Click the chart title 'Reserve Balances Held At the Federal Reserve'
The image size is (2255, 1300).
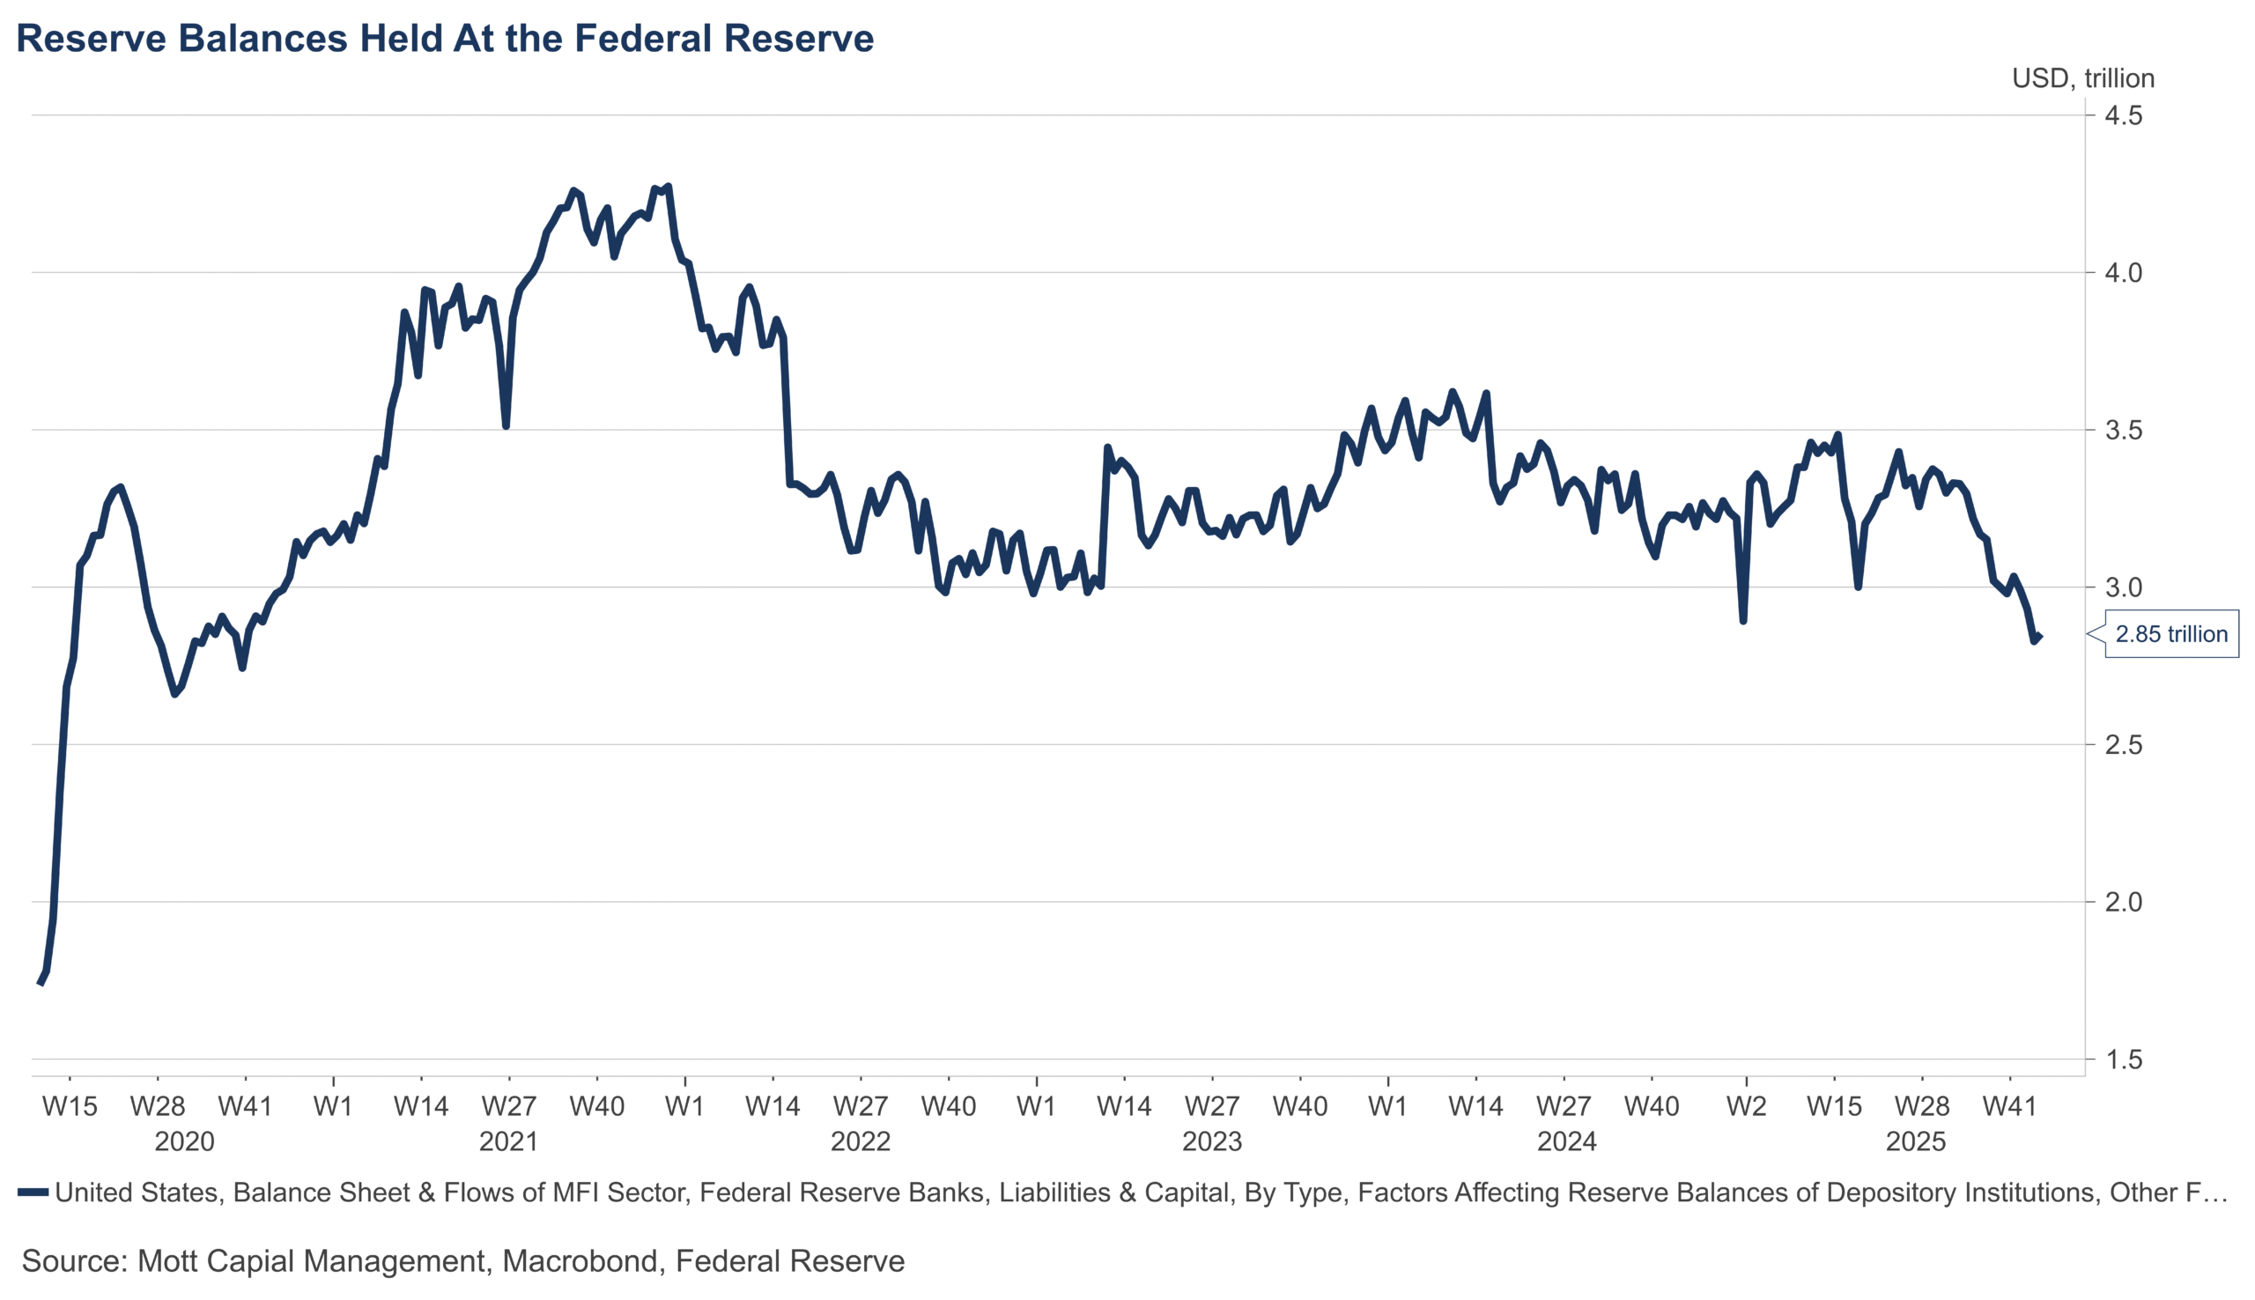point(445,39)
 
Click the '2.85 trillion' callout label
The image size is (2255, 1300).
point(2170,634)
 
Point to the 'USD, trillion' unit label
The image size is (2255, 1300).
point(2081,78)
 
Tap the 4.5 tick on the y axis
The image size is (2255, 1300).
point(2122,115)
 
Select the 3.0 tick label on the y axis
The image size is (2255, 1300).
point(2122,587)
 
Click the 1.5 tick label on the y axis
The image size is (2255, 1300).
point(2122,1060)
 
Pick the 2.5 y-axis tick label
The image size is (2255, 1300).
point(2122,744)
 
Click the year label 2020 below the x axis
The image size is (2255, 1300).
point(184,1142)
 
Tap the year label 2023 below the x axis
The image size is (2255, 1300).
point(1211,1142)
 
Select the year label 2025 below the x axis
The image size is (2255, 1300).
point(1915,1142)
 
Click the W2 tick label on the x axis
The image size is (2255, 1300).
point(1745,1106)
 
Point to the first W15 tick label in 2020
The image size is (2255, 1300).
point(70,1106)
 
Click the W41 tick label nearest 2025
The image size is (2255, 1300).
point(2008,1106)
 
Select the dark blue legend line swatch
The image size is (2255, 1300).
point(33,1192)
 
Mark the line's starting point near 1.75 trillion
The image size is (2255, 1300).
point(41,982)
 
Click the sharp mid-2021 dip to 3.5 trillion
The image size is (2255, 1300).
point(506,426)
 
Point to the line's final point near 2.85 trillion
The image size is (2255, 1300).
point(2040,637)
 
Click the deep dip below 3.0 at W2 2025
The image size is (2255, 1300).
point(1742,620)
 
